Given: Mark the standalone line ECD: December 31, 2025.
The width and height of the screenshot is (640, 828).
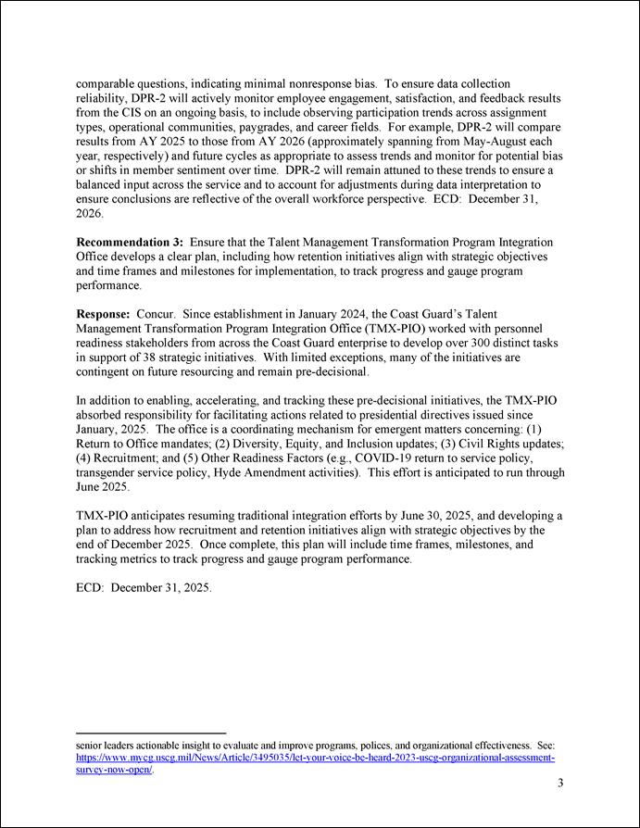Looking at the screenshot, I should tap(144, 588).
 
